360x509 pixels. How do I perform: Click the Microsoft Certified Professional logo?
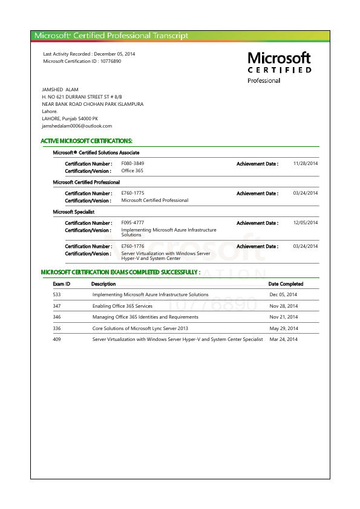[280, 66]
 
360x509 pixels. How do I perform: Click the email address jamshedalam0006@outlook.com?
[77, 126]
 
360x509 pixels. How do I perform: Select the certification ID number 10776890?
[110, 61]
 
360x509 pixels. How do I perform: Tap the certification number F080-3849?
[133, 163]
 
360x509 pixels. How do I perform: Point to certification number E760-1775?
[133, 193]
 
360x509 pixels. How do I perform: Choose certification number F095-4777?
[133, 222]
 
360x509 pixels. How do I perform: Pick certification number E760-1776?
[133, 246]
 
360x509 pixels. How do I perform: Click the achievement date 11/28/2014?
[305, 163]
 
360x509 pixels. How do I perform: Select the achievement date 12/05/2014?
[305, 222]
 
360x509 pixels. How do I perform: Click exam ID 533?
[57, 294]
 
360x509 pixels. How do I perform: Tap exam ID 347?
[57, 306]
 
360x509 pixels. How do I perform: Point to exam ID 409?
[57, 340]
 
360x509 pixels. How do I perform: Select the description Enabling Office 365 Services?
[122, 306]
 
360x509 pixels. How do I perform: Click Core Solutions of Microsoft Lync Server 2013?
[140, 328]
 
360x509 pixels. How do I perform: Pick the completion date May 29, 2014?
[283, 328]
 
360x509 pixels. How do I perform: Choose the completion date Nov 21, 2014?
[283, 317]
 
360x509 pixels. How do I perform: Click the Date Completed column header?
[286, 284]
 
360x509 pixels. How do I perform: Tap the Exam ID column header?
[62, 284]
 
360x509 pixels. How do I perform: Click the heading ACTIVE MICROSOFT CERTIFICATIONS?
[87, 141]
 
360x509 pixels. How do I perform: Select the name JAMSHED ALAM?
[61, 89]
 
